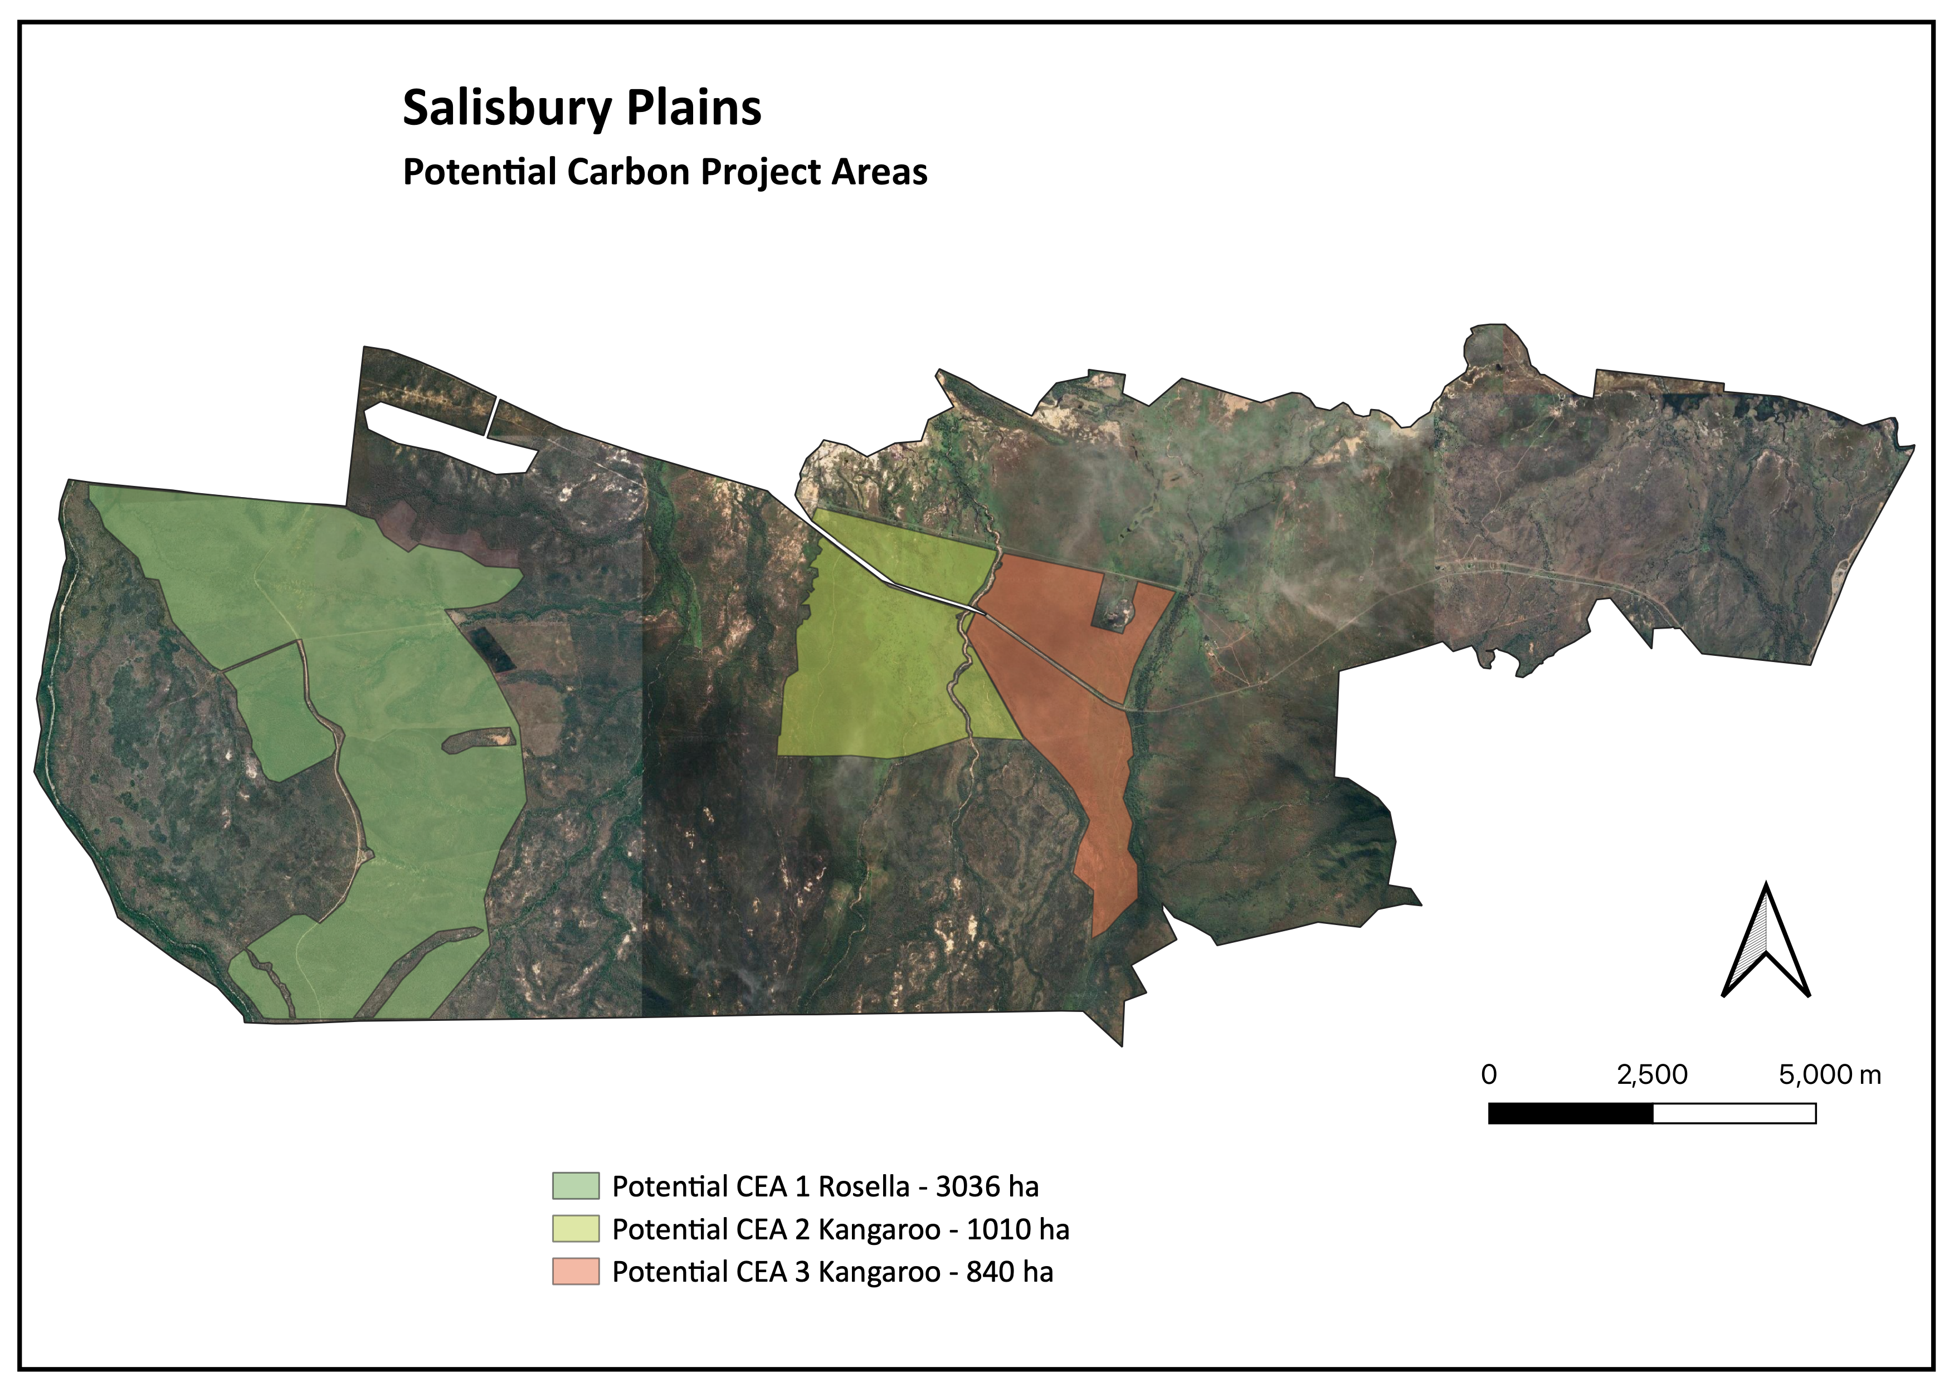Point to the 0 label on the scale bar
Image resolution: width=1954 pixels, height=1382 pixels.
tap(1488, 1075)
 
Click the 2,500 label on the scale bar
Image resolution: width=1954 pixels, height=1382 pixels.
tap(1652, 1075)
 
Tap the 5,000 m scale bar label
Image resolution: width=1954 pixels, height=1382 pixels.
tap(1830, 1075)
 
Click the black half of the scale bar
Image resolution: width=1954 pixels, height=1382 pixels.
tap(1570, 1113)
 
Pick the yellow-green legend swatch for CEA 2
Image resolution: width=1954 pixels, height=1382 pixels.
tap(576, 1229)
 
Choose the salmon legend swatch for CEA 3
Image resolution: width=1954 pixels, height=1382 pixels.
tap(576, 1271)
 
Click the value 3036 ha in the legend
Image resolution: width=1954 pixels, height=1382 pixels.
tap(987, 1186)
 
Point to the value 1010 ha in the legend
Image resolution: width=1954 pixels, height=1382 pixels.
tap(1018, 1229)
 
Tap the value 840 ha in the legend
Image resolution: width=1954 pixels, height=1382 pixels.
tap(1010, 1271)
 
